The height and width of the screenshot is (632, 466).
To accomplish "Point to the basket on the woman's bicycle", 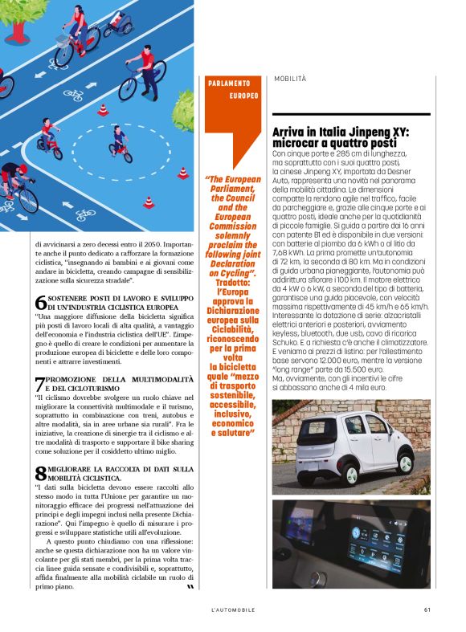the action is [62, 37].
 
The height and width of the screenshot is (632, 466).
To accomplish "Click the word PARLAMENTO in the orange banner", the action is [229, 83].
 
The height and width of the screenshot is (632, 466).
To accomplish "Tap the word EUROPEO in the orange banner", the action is [243, 96].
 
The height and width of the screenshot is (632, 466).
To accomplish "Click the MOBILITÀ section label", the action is [290, 80].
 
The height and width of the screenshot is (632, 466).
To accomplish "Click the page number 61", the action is [427, 610].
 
